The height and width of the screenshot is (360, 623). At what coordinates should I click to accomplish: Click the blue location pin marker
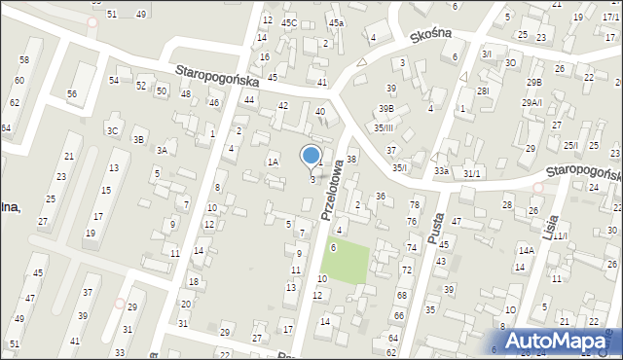tap(311, 157)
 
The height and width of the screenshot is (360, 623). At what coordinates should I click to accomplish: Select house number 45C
tap(289, 21)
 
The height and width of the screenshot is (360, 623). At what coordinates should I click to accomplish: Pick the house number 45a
tap(336, 21)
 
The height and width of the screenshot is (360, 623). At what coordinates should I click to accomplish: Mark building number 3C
tap(113, 129)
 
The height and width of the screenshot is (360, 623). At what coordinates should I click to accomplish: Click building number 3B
tap(139, 139)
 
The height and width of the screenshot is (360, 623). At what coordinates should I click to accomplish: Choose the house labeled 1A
tap(274, 162)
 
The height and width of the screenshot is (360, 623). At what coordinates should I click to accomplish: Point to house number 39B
tap(386, 108)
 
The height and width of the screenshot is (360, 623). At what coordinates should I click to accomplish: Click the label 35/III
tap(384, 127)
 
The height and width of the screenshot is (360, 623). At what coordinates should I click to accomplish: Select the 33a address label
tap(441, 171)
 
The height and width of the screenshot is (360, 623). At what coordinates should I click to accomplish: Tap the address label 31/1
tap(472, 172)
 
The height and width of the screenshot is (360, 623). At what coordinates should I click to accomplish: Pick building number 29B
tap(534, 83)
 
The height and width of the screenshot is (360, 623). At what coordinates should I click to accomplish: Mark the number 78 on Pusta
tap(414, 204)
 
